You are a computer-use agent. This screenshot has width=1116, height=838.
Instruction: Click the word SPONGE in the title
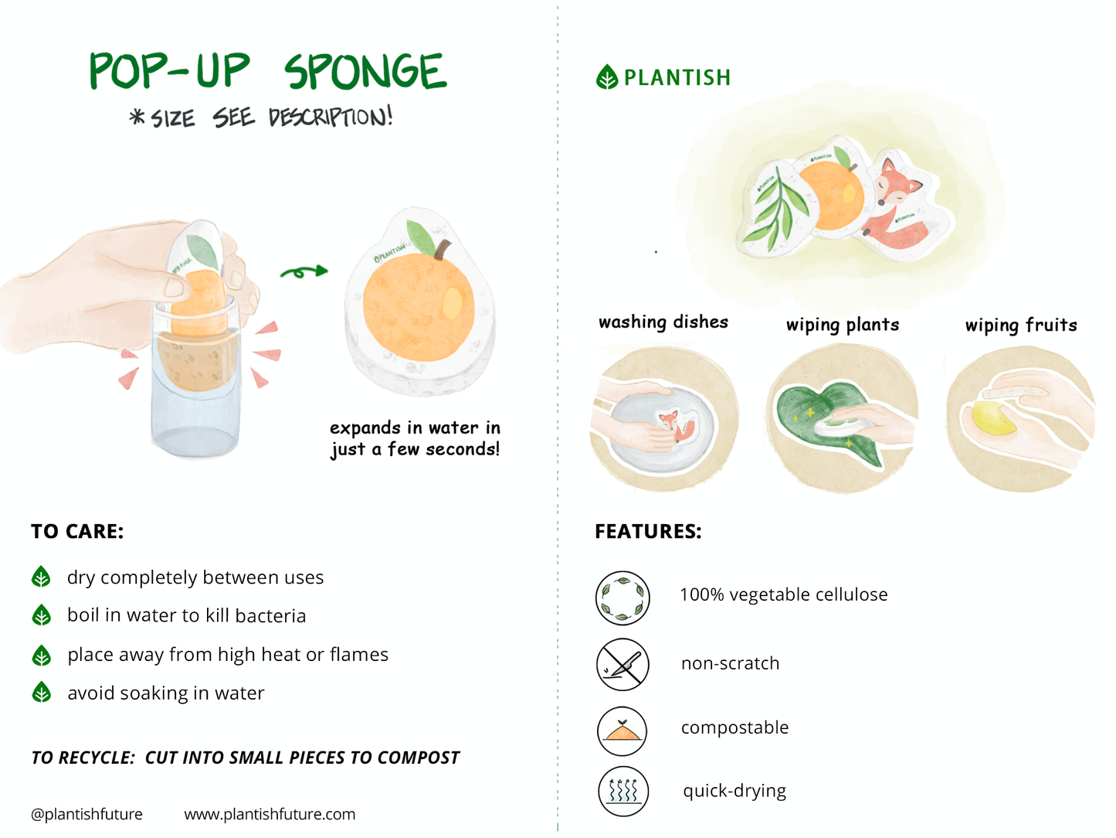click(365, 72)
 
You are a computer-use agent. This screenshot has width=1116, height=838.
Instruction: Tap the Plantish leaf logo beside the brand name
click(607, 77)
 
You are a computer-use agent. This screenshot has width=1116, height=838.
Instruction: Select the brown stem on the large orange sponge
click(442, 250)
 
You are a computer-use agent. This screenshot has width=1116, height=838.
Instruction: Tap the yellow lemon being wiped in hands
click(993, 418)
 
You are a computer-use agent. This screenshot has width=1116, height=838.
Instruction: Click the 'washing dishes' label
click(663, 322)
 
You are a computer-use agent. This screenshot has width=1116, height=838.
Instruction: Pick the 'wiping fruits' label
click(1020, 325)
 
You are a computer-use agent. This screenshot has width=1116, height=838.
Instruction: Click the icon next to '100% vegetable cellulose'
click(622, 598)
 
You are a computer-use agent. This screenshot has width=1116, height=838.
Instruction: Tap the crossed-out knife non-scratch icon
click(622, 664)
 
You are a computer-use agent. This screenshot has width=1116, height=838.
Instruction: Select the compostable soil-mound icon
click(622, 731)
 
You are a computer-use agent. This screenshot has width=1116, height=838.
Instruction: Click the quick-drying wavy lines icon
click(623, 791)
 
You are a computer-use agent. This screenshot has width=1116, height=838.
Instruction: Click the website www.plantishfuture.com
click(270, 814)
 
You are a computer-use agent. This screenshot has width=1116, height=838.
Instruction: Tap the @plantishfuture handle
click(86, 814)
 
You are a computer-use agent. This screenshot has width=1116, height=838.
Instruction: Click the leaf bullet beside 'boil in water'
click(42, 615)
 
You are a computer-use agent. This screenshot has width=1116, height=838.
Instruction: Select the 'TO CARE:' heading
click(77, 532)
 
